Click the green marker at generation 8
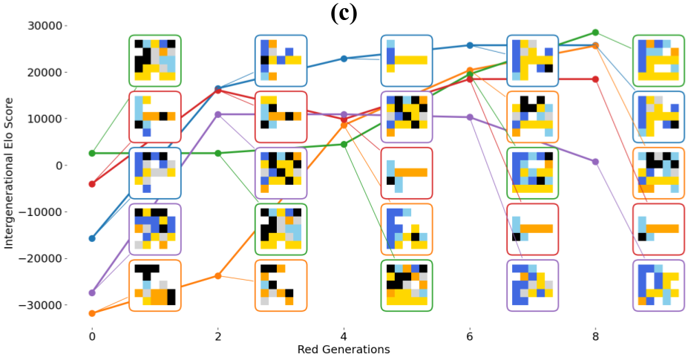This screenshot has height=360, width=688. [x=595, y=33]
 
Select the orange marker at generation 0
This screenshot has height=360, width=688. [x=92, y=313]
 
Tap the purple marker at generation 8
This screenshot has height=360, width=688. [x=595, y=162]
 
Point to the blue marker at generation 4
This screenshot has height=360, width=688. [x=344, y=59]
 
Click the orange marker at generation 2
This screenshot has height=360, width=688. [x=217, y=275]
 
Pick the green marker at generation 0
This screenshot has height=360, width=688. [x=92, y=154]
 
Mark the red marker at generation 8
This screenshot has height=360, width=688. [x=595, y=79]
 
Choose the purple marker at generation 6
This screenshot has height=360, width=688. [x=470, y=117]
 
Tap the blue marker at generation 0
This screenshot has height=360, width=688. [x=92, y=238]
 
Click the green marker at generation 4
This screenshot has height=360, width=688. [x=344, y=144]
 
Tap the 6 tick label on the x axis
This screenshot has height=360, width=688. [x=470, y=336]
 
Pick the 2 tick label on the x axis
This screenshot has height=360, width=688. [x=217, y=336]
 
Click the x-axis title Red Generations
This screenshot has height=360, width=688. [x=344, y=350]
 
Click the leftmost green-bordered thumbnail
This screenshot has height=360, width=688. [x=154, y=61]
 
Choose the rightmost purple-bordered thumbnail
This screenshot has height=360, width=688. [x=658, y=285]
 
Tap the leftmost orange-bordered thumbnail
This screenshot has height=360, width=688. [x=154, y=285]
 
